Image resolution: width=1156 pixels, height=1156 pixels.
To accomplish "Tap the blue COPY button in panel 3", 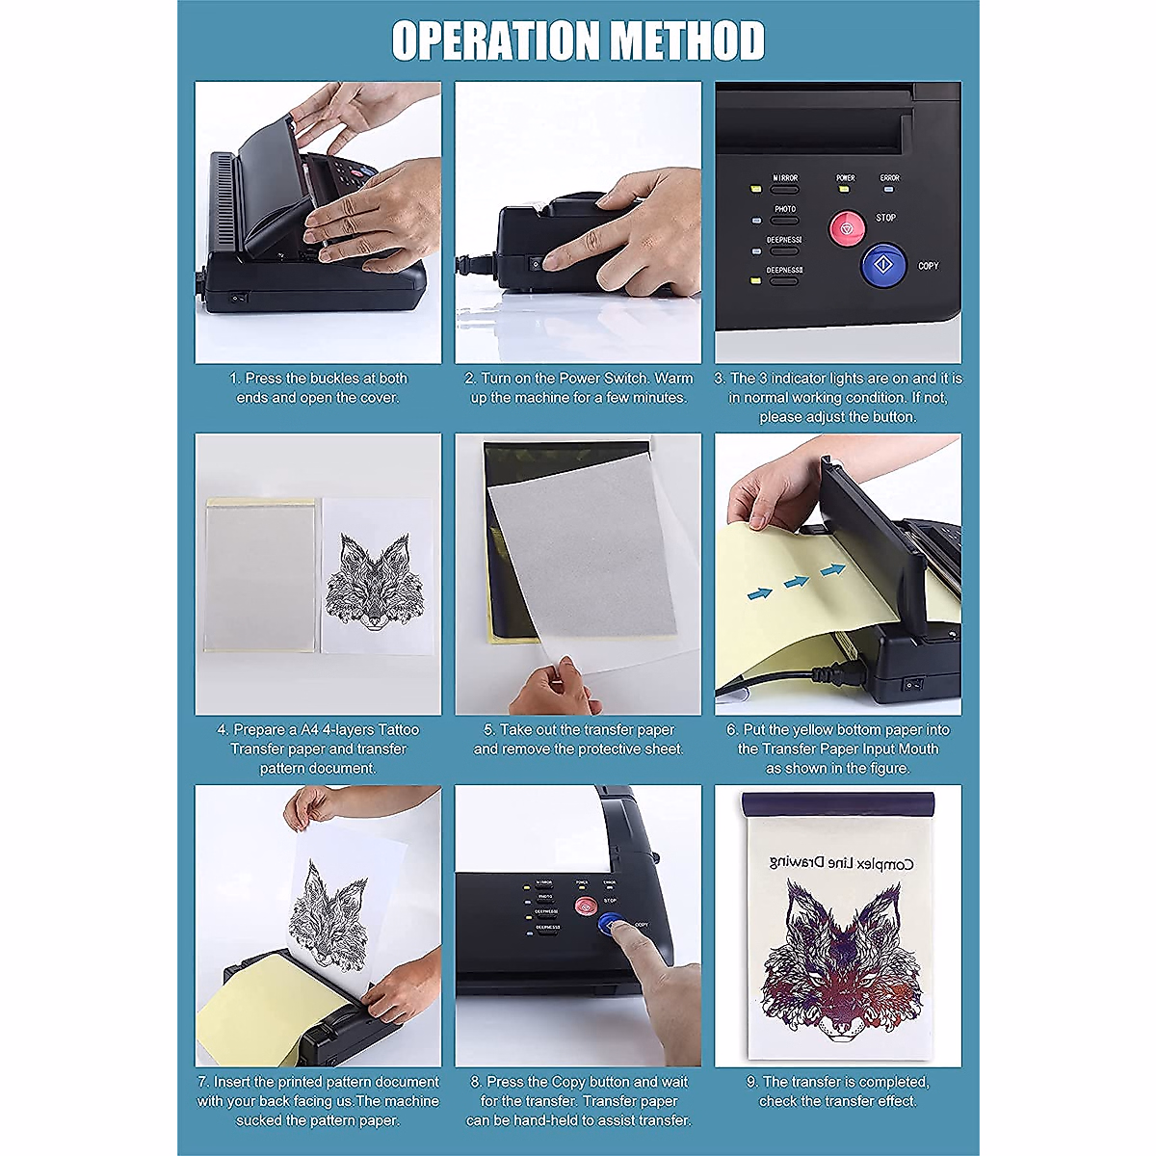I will (883, 263).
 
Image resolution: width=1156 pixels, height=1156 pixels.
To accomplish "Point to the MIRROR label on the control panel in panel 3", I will (785, 178).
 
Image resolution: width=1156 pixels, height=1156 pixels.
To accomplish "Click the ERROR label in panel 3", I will (889, 178).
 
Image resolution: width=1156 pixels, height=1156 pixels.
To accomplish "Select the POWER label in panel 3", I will (845, 178).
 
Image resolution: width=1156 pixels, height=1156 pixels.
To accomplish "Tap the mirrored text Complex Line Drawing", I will (837, 864).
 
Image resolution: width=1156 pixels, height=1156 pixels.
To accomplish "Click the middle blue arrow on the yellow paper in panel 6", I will (796, 582).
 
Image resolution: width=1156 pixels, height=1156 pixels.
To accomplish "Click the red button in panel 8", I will (585, 906).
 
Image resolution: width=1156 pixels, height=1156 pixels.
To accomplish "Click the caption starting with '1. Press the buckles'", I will (318, 388).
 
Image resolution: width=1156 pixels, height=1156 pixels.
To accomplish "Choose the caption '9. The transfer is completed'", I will (837, 1091).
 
